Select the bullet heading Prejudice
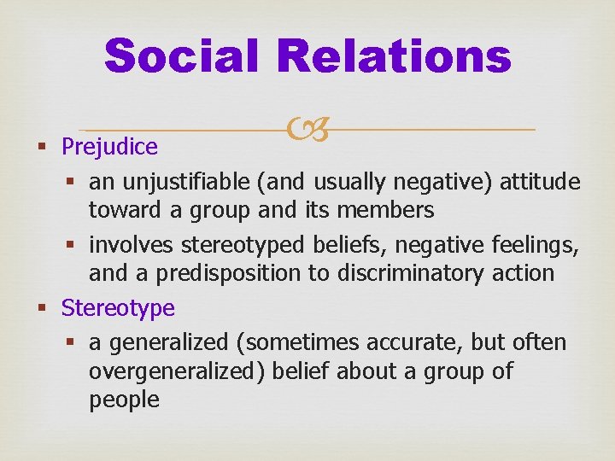click(x=109, y=147)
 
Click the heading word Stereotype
click(x=118, y=307)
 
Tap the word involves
click(x=131, y=245)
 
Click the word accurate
click(x=408, y=343)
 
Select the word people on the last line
click(x=124, y=400)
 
